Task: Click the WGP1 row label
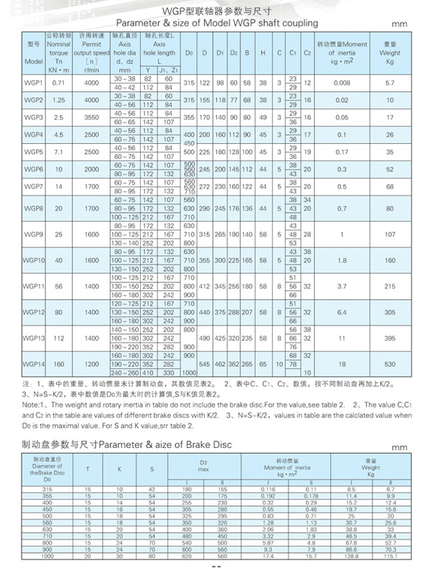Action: [x=33, y=83]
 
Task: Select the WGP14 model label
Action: [x=33, y=364]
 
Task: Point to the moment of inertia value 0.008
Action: [x=342, y=83]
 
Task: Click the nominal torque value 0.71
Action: [x=60, y=83]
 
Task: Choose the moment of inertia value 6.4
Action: [x=342, y=312]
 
